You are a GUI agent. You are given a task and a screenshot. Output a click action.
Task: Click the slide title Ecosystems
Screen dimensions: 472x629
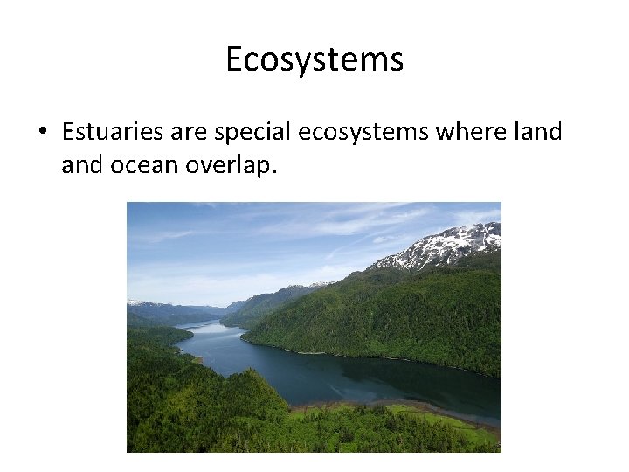click(314, 59)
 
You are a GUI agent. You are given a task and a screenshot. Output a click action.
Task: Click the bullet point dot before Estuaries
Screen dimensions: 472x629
click(41, 133)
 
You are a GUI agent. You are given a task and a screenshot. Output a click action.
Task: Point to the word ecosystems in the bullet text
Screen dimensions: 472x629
click(363, 133)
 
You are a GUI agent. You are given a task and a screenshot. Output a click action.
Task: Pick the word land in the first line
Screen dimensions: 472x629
click(540, 132)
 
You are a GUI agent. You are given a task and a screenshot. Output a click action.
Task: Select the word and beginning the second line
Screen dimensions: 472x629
click(82, 165)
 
